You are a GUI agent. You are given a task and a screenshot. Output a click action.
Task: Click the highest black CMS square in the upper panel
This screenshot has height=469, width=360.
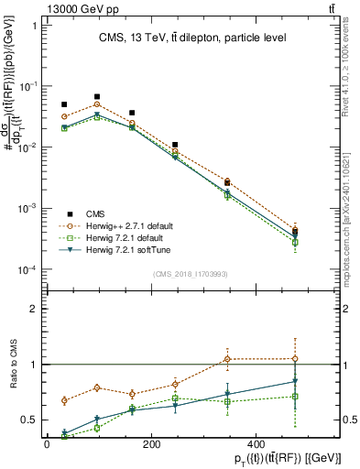pos(97,96)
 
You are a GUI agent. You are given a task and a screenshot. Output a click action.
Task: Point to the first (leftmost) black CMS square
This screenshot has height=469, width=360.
pos(64,104)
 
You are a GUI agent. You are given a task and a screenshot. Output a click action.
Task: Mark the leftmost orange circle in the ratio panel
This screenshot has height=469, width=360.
pos(64,400)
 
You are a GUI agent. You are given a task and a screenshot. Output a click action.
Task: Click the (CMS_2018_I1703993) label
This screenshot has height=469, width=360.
pos(190,273)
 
